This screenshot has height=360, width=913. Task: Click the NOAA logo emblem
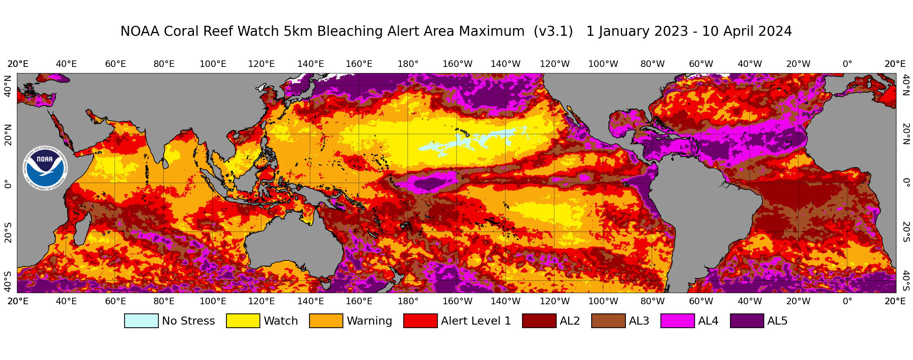[45, 168]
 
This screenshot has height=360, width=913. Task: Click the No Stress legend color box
[141, 321]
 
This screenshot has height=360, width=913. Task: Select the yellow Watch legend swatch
[243, 321]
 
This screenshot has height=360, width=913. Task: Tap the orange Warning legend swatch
[326, 321]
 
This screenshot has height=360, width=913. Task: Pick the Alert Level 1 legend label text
[476, 321]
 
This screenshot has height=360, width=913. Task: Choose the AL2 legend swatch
[539, 321]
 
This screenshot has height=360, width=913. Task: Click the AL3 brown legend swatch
[608, 321]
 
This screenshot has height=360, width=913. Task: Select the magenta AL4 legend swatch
[677, 321]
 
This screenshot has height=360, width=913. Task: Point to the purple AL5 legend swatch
[747, 321]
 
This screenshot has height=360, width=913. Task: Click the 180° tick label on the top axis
[408, 64]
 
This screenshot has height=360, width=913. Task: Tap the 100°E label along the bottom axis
[213, 301]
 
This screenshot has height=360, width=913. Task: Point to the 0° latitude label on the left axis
[8, 184]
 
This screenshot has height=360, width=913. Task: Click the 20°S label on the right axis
[906, 232]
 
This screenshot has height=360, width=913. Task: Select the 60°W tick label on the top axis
[701, 64]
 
